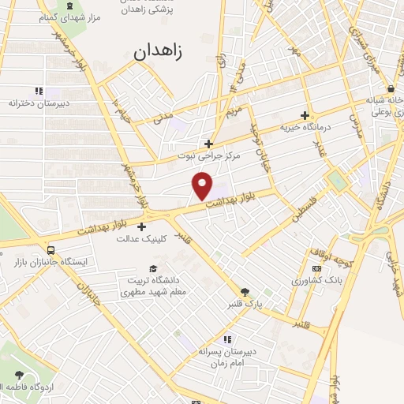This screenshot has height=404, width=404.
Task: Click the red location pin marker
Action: [203, 186]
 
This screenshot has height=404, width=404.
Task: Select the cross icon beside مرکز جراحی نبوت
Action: [208, 144]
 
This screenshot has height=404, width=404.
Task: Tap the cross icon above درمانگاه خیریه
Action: [305, 115]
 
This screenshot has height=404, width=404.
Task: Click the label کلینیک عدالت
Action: [140, 238]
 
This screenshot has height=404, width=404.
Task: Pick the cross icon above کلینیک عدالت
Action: [141, 226]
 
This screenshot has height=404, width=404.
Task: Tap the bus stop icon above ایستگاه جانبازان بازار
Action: [51, 249]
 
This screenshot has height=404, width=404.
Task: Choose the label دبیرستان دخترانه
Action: [39, 103]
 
